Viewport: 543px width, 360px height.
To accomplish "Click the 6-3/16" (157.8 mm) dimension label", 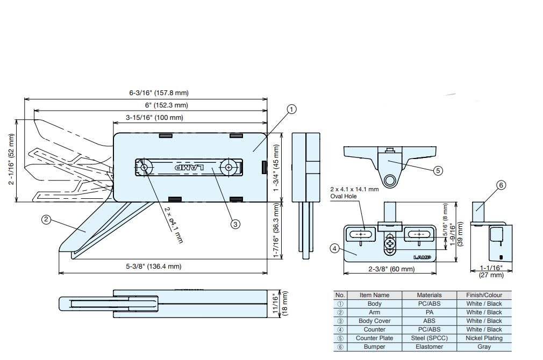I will point(159,93).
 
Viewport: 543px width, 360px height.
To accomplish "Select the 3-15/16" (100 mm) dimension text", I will point(154,118).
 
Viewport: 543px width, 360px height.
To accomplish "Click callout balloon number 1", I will point(291,110).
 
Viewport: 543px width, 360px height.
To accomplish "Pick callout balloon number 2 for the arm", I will point(47,219).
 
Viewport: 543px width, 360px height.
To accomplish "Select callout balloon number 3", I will point(235,224).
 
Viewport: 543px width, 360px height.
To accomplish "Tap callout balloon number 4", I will point(334,248).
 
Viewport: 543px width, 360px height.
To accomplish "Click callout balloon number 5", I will point(438,170).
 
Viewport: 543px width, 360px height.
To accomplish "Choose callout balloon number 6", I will point(501,185).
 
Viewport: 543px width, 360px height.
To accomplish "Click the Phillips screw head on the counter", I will point(390,244).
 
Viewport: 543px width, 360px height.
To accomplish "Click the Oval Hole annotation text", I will point(354,193).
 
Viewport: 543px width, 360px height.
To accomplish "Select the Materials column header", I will point(429,295).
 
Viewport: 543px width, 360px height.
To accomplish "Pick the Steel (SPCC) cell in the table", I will point(429,338).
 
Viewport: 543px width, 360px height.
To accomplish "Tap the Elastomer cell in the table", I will point(429,347).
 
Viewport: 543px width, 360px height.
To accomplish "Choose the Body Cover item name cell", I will point(374,321).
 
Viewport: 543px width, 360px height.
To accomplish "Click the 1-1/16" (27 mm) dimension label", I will point(491,271).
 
